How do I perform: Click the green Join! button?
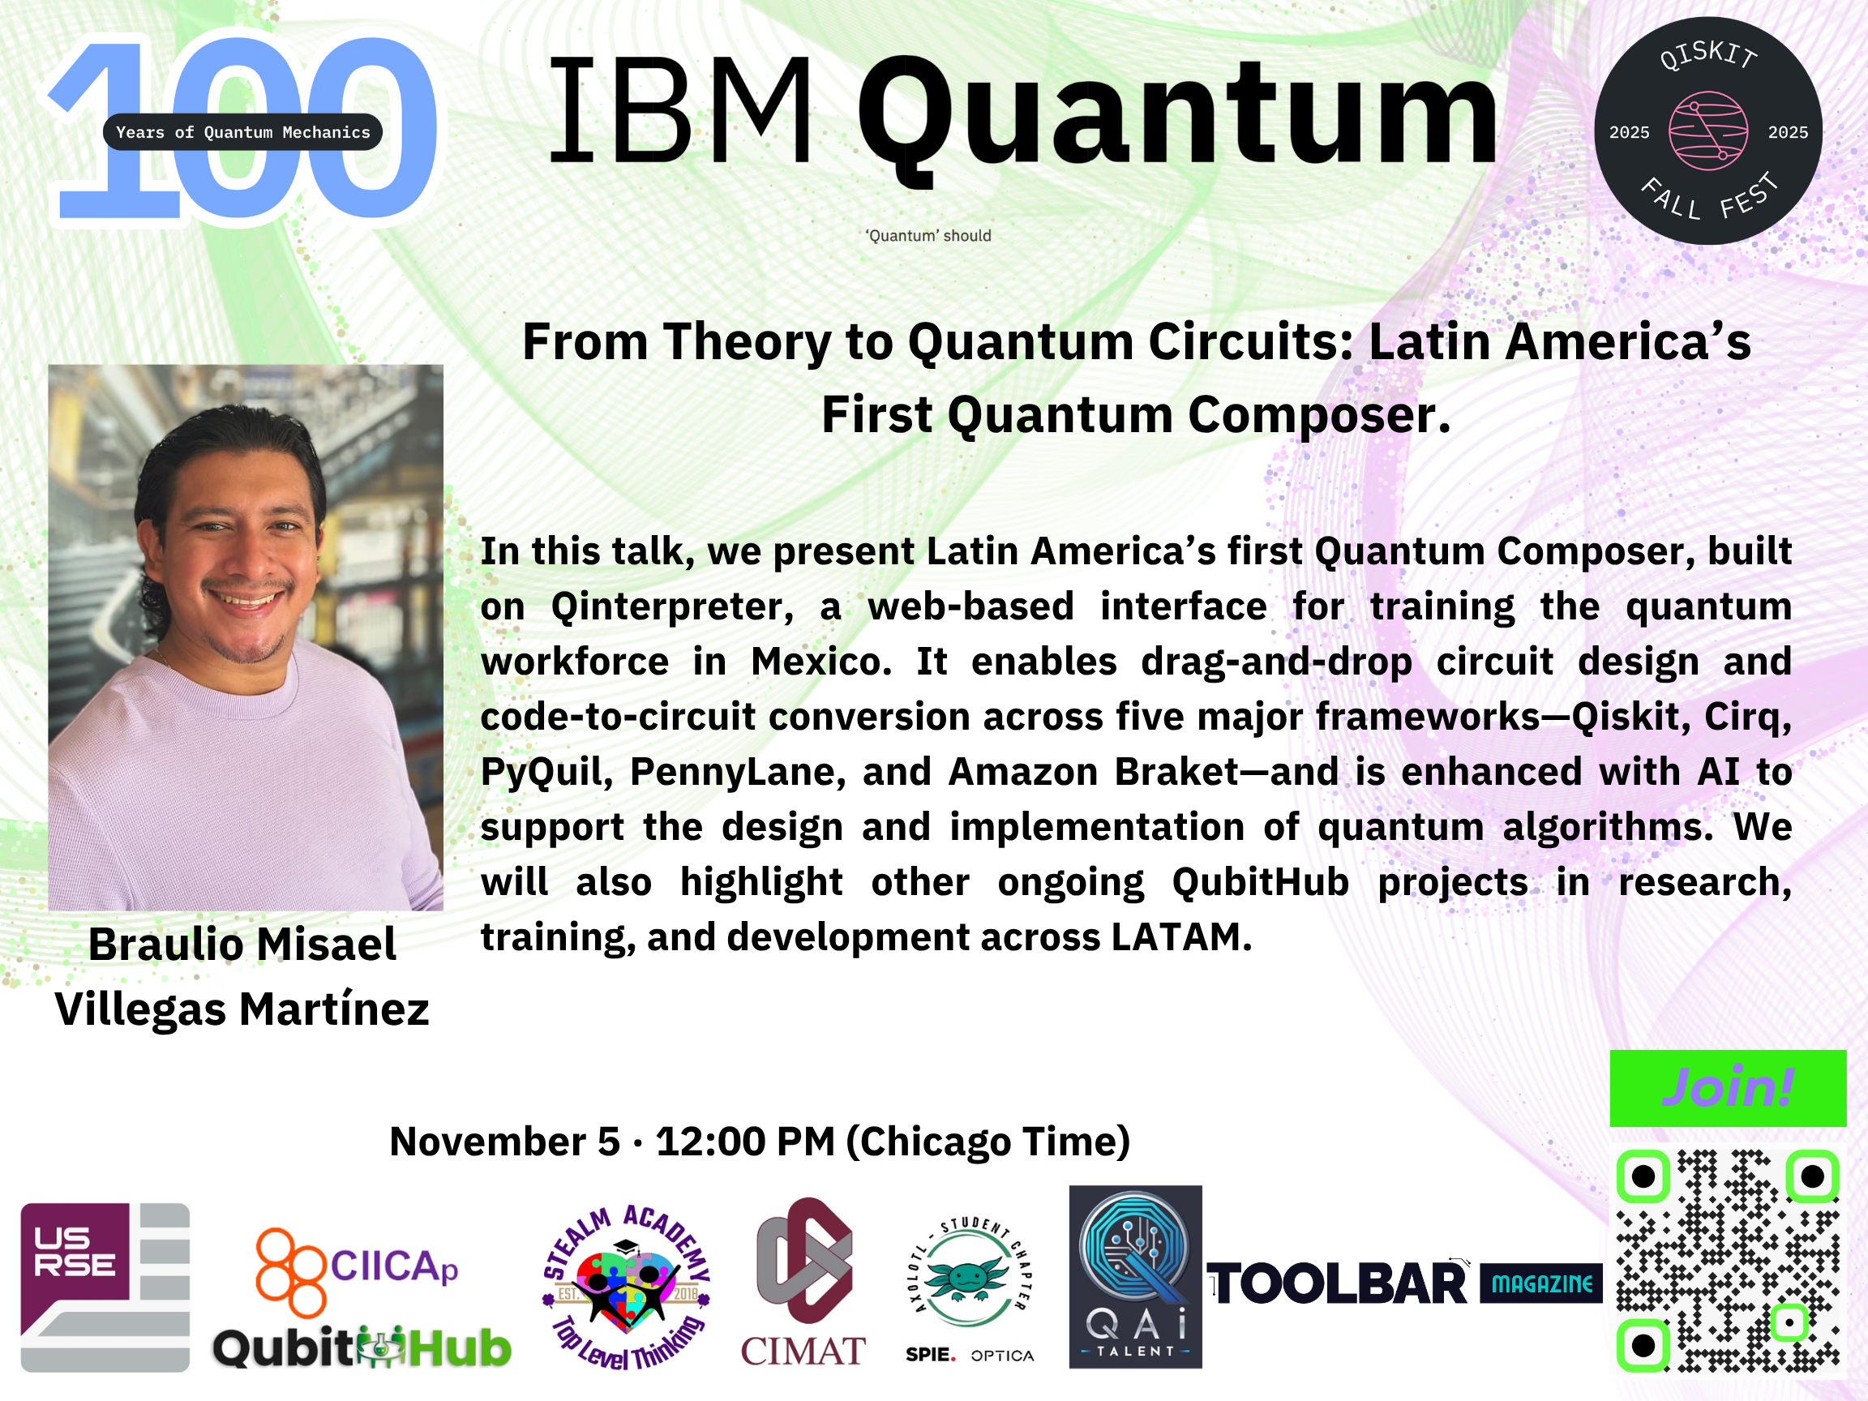point(1728,1088)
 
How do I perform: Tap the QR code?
point(1728,1261)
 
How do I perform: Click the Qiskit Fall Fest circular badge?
point(1707,131)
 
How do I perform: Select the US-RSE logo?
point(105,1287)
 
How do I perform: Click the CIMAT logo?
point(803,1282)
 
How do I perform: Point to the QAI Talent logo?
point(1135,1277)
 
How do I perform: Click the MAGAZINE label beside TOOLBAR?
point(1541,1283)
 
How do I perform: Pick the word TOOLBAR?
point(1338,1284)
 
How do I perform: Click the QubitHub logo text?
point(362,1347)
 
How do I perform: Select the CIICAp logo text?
point(394,1266)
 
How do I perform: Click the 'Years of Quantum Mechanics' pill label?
point(243,131)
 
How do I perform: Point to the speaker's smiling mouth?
point(246,602)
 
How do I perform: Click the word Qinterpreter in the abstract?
point(672,606)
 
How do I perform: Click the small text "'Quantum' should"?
point(928,236)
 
